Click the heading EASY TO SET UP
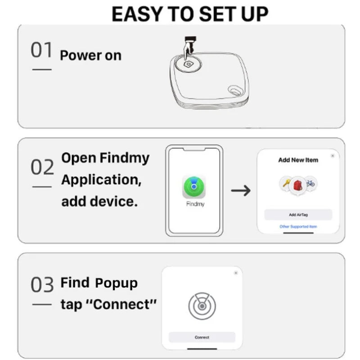pos(189,14)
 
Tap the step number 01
pos(41,50)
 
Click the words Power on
pos(90,55)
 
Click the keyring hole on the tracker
pos(234,91)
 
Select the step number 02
pos(42,167)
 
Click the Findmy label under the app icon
pos(195,204)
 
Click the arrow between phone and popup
pos(241,190)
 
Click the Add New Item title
pos(298,160)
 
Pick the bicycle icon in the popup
pos(310,183)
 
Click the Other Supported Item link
pos(298,226)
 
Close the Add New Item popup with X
pos(333,156)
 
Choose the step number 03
pos(42,285)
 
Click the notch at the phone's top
pos(194,149)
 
